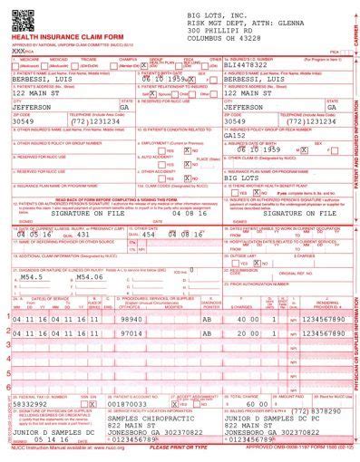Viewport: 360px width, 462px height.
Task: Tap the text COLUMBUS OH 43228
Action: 223,39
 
